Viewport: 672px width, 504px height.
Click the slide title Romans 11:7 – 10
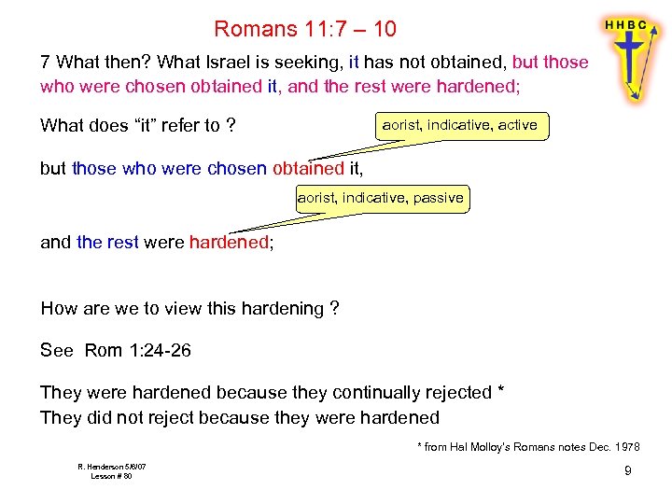coord(304,29)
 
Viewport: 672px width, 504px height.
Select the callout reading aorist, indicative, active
coord(460,125)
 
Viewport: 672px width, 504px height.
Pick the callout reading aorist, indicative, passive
coord(380,198)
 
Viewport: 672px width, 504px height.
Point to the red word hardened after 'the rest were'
coord(228,243)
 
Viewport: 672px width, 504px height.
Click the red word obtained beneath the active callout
coord(308,169)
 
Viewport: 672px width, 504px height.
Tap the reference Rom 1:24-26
coord(138,350)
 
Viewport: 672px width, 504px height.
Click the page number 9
coord(627,470)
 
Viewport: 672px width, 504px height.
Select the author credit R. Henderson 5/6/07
coord(111,466)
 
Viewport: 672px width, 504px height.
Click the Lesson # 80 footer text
coord(111,476)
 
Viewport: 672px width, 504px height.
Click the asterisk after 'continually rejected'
coord(501,390)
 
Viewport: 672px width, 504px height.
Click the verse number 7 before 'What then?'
coord(45,63)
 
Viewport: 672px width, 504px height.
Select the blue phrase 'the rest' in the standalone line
coord(107,243)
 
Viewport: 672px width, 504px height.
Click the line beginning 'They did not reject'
coord(240,416)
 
